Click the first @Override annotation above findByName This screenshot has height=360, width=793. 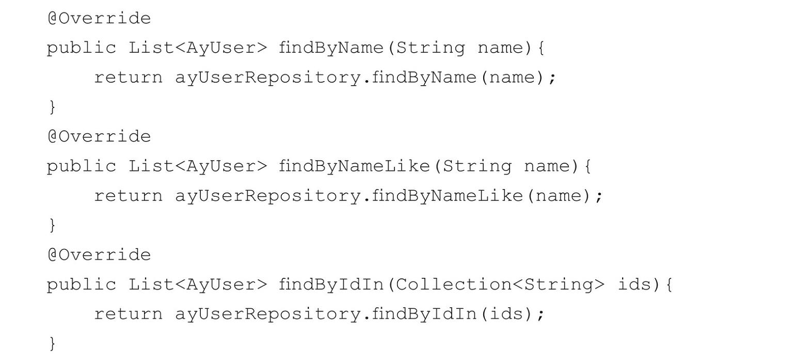pos(99,19)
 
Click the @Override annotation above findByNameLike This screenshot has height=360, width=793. pos(99,137)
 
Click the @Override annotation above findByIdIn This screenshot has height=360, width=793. pos(99,255)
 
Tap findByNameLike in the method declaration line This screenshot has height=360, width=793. pos(354,166)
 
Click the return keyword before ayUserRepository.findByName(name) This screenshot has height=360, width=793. pos(128,78)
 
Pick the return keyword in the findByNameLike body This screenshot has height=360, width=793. pos(128,196)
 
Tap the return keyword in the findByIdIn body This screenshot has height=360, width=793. pos(128,315)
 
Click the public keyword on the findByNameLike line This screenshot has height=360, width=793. pos(82,166)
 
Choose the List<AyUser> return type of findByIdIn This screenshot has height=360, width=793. pos(198,285)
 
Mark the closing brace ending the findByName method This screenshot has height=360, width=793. pos(52,107)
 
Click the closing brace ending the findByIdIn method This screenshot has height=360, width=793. pos(52,343)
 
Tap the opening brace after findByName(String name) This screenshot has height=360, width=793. pos(541,49)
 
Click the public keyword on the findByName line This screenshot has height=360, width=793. pos(82,48)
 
